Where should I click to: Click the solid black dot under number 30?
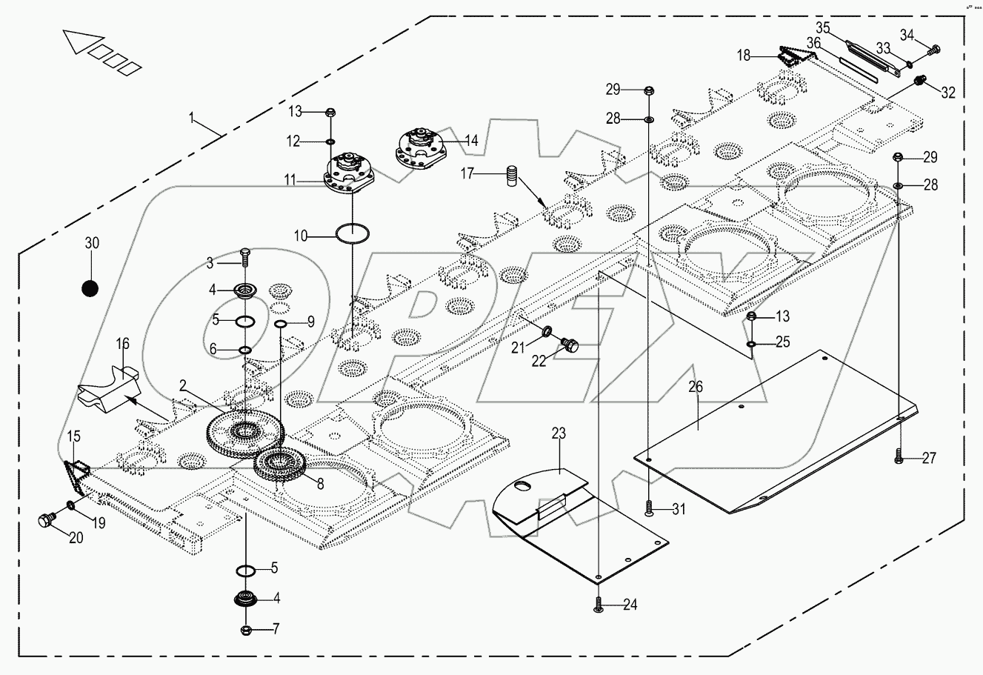(90, 288)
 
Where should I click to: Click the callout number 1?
(192, 118)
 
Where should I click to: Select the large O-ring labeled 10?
(353, 233)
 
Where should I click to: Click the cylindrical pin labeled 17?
(510, 179)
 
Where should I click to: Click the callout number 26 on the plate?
(696, 387)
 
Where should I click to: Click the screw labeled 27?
(899, 457)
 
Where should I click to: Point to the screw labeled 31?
(649, 508)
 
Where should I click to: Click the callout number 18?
(743, 55)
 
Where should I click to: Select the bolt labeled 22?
(571, 345)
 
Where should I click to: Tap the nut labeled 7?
(247, 631)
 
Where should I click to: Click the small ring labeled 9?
(281, 325)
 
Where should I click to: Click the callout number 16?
(123, 343)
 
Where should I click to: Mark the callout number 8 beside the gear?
(320, 485)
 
